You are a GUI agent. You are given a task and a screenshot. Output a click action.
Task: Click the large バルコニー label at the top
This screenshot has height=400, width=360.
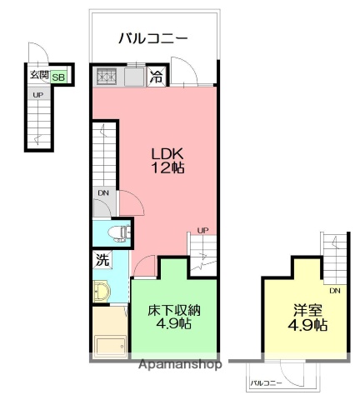[x=152, y=37]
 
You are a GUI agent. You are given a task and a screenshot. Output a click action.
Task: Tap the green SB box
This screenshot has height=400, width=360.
[x=59, y=77]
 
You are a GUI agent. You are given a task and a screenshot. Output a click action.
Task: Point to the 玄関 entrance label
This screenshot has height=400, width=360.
[x=39, y=76]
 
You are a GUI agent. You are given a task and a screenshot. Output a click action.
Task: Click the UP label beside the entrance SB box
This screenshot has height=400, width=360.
[x=37, y=94]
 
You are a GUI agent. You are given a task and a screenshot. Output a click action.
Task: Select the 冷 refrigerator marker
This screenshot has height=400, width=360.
[x=157, y=77]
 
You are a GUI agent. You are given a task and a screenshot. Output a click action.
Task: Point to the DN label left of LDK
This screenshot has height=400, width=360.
[x=102, y=193]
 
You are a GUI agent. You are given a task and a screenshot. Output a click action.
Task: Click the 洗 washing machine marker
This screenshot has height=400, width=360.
[x=102, y=259]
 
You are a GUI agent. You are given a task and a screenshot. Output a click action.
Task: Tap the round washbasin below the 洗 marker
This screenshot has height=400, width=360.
[x=104, y=292]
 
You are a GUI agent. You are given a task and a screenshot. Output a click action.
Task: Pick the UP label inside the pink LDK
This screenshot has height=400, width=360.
[x=202, y=230]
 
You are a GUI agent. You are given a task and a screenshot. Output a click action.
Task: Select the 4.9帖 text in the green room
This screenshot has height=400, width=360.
[x=175, y=325]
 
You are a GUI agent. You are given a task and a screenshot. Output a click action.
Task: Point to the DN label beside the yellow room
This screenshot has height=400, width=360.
[x=334, y=291]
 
